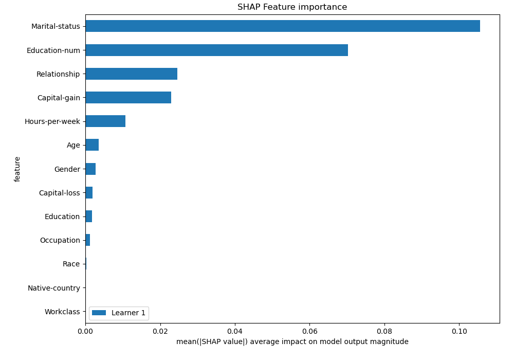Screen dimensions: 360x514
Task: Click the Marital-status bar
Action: coord(283,26)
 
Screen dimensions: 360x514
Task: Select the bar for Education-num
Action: coord(216,50)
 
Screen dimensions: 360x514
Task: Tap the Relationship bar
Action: coord(131,74)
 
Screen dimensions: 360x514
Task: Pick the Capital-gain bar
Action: coord(128,98)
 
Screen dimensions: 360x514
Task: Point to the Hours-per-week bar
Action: coord(105,121)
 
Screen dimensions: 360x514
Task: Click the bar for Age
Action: coord(92,145)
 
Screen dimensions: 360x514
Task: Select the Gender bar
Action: coord(90,169)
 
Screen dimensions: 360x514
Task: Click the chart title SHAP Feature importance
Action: coord(292,7)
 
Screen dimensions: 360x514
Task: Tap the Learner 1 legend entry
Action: coord(119,313)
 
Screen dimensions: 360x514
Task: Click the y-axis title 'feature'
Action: coord(17,169)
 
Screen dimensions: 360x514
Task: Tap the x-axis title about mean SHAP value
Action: coord(292,342)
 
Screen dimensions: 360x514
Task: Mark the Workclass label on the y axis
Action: coord(62,312)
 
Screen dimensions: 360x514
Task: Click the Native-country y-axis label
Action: coord(54,288)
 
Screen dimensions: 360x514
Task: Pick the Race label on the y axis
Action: coord(71,264)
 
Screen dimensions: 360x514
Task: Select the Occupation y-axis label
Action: coord(60,240)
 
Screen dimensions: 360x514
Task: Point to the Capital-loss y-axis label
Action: coord(60,193)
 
